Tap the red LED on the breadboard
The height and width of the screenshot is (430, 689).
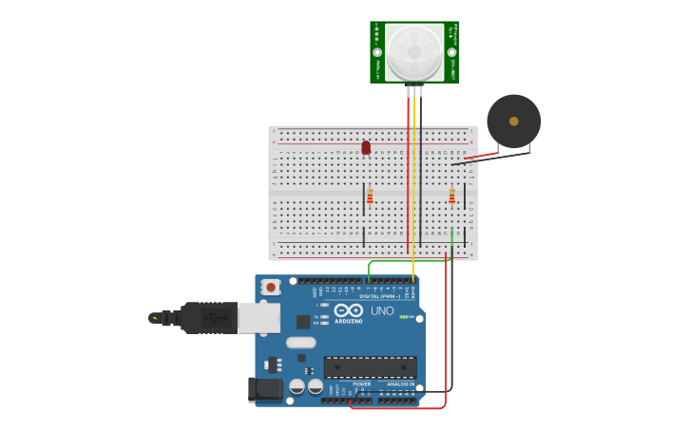366,147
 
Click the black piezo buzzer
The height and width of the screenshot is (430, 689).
514,121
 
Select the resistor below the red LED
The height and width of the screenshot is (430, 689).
370,196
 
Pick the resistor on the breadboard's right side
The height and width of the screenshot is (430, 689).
451,196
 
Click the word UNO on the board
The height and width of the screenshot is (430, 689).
382,310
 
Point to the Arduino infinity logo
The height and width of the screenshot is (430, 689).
349,310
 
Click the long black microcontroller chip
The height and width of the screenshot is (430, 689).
371,367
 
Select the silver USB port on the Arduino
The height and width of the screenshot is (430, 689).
258,318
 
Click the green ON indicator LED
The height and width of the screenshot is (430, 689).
403,316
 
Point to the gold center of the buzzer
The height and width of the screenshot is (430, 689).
514,121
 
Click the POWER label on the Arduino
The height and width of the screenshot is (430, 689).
361,383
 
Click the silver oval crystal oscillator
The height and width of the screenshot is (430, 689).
300,343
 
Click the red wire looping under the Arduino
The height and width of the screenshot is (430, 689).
399,408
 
